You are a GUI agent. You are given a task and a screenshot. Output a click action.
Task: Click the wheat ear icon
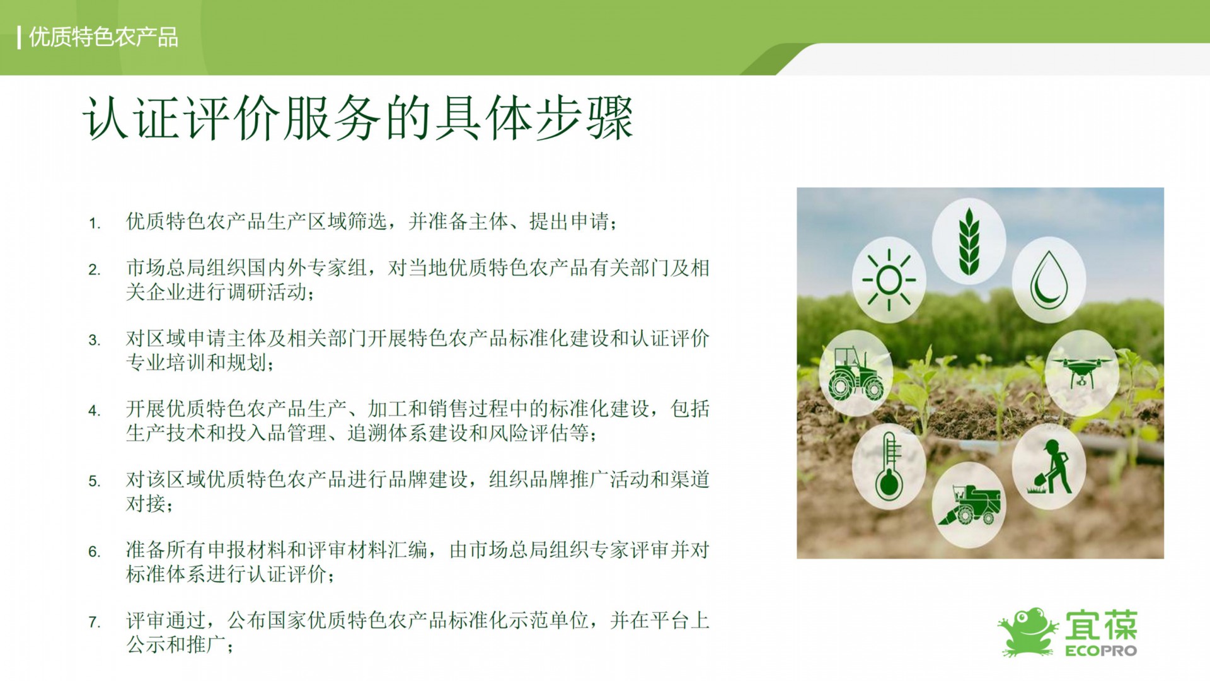[x=969, y=242]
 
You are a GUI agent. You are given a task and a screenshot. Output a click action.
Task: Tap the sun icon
[x=889, y=280]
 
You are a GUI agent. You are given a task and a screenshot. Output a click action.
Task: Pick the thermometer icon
[x=889, y=466]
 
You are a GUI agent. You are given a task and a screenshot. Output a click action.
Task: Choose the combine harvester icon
[x=969, y=504]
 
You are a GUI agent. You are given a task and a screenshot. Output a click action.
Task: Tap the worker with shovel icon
[x=1049, y=467]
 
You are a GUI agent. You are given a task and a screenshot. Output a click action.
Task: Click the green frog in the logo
[x=1028, y=631]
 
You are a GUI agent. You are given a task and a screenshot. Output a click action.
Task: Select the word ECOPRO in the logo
[x=1101, y=650]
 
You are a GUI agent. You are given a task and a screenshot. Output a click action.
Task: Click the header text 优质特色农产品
[x=103, y=37]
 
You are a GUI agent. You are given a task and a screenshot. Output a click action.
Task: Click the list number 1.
[x=95, y=223]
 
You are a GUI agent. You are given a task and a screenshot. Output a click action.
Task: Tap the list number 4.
[x=95, y=411]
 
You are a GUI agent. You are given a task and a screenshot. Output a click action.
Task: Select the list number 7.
[x=95, y=623]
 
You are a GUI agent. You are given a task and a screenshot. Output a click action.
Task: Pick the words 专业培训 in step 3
[x=166, y=363]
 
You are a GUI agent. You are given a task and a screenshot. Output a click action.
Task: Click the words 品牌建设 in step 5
[x=429, y=480]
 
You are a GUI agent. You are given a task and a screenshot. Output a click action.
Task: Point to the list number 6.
[x=95, y=552]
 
